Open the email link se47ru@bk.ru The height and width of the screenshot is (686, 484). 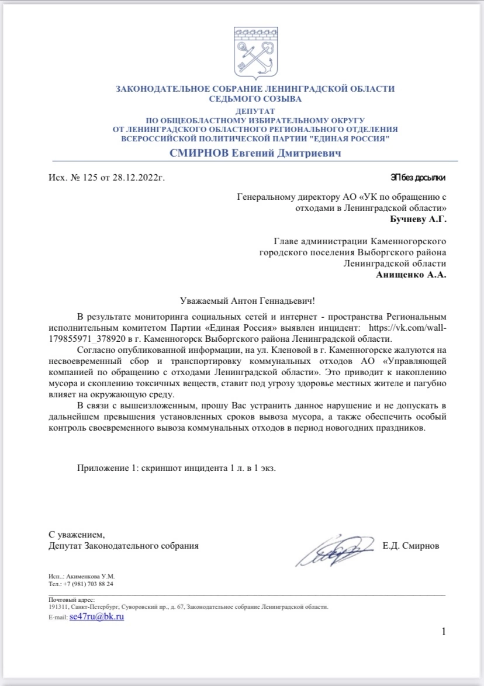pyautogui.click(x=96, y=616)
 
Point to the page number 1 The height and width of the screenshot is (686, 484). pyautogui.click(x=444, y=631)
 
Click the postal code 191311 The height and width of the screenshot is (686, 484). pyautogui.click(x=57, y=607)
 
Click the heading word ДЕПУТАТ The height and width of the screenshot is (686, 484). pyautogui.click(x=255, y=111)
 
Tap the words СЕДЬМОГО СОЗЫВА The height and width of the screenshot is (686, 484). pyautogui.click(x=255, y=99)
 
